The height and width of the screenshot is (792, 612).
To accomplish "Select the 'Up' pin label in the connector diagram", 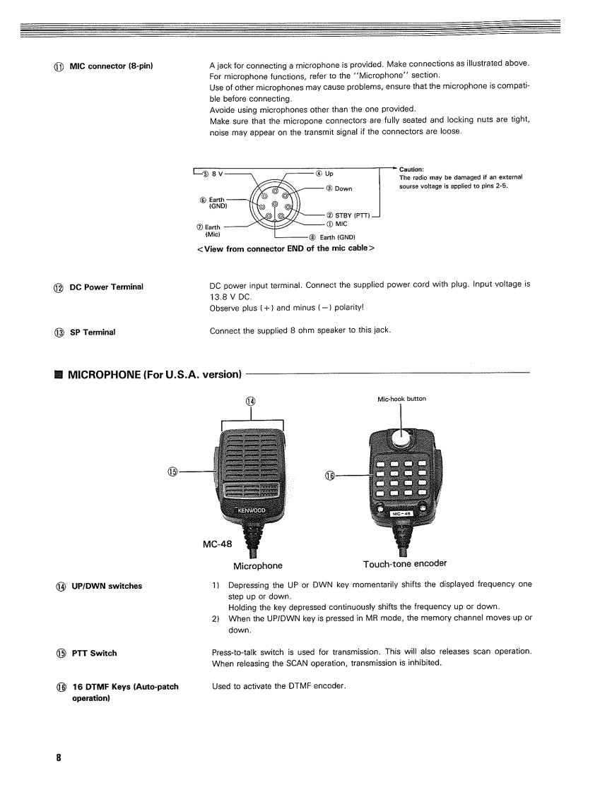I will click(329, 174).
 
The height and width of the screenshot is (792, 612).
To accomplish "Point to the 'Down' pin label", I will click(343, 188).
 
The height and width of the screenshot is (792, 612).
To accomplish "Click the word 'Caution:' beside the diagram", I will click(411, 169).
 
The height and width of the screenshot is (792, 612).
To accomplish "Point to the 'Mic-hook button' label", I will click(401, 399).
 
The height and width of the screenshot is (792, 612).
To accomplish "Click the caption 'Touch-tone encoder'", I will click(405, 564).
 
